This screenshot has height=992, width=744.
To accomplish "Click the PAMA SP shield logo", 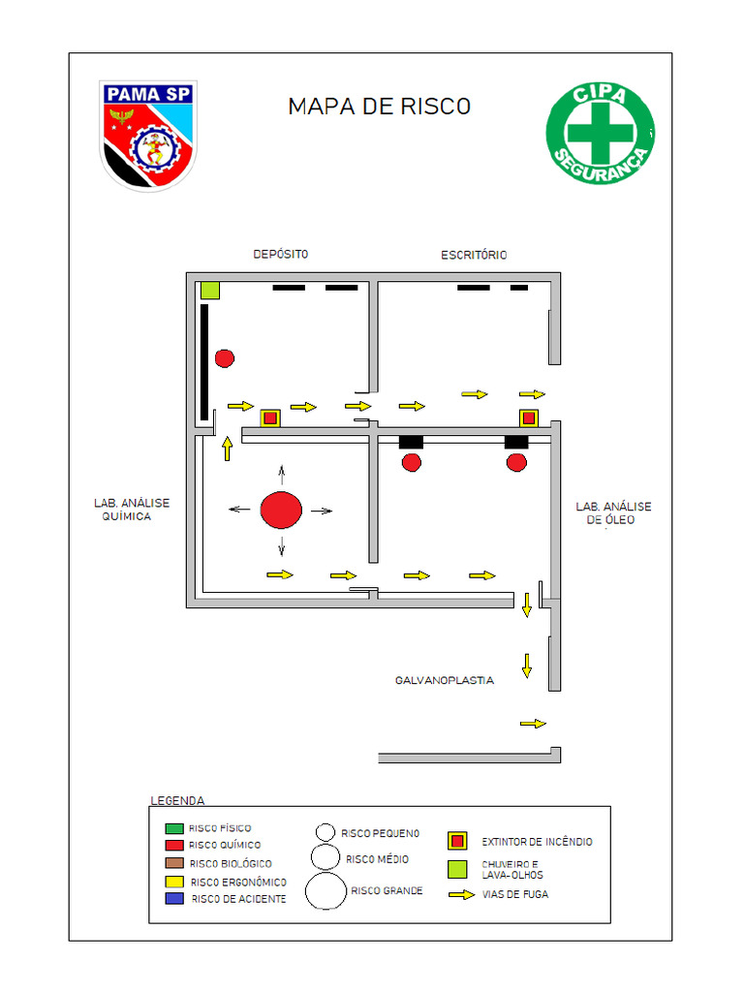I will tap(148, 135).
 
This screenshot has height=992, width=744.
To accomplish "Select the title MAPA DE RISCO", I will tap(379, 107).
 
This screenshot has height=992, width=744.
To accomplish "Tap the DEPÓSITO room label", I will tap(280, 254).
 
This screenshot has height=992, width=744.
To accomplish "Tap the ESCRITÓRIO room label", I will tap(474, 255).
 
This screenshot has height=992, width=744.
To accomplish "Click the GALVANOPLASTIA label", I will tap(444, 680).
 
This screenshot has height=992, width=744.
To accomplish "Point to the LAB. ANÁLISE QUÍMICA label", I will tap(131, 510).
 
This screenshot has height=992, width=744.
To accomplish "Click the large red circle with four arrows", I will tap(281, 511).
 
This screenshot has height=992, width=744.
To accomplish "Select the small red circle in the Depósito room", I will tap(225, 358).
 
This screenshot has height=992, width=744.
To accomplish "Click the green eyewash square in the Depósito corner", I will tap(209, 290).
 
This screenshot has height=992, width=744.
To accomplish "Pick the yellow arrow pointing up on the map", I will tap(227, 449).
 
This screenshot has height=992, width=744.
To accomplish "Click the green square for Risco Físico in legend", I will tap(174, 828).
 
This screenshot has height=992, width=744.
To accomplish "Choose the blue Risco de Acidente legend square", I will tap(174, 899).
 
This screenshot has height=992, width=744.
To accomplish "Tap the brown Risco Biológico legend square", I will tap(174, 863).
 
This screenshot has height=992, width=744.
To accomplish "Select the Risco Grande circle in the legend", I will tap(325, 890).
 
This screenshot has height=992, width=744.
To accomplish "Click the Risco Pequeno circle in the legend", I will tap(325, 832).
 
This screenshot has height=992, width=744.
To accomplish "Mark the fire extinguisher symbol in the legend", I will tap(457, 841).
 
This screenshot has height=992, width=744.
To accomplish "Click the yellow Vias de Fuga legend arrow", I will tap(461, 894).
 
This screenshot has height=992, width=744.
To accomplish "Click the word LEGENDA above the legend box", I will tap(177, 801).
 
